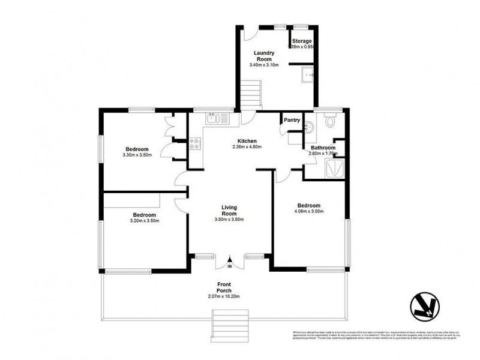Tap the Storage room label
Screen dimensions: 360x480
[x=302, y=41]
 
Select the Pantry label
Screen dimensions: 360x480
[x=292, y=120]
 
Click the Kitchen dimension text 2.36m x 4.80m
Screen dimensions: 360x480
[x=247, y=146]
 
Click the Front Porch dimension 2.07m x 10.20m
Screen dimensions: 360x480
[x=229, y=296]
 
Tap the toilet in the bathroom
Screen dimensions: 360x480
[x=329, y=122]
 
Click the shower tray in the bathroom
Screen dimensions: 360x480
[x=334, y=167]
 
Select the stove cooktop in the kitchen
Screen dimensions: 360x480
[x=196, y=144]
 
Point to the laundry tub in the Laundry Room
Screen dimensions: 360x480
[x=306, y=76]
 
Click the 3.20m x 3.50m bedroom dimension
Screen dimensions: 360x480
[x=144, y=220]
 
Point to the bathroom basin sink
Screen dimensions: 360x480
[x=308, y=127]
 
